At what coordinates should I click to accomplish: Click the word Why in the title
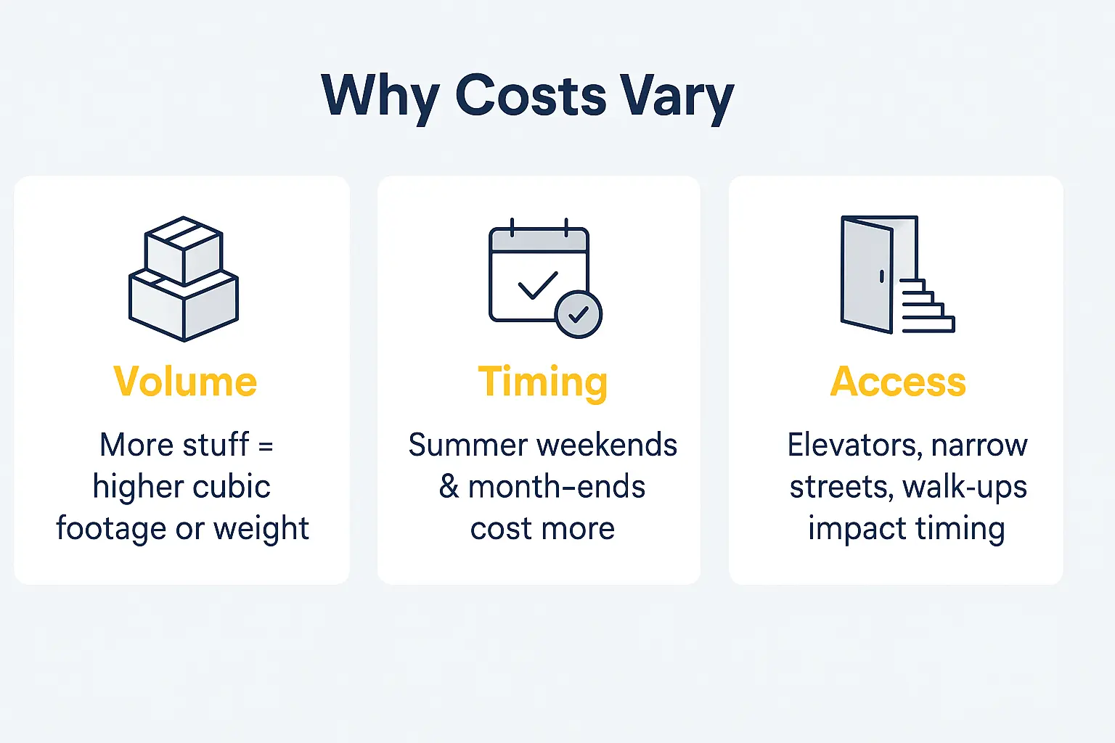coord(380,97)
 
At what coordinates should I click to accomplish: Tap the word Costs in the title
coord(531,97)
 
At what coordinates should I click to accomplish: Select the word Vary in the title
coord(676,97)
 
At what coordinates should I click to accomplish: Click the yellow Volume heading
coord(185,382)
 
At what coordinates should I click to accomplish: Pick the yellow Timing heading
coord(542,382)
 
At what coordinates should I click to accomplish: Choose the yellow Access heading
coord(898,382)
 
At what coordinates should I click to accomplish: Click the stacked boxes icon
coord(184,279)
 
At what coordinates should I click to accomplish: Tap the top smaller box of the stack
coord(184,250)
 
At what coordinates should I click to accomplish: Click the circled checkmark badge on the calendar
coord(579,315)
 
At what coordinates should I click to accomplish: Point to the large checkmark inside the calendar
coord(538,285)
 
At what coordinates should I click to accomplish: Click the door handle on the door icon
coord(881,276)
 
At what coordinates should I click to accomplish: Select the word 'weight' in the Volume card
coord(261,529)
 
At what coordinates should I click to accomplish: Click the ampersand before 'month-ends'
coord(449,487)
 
